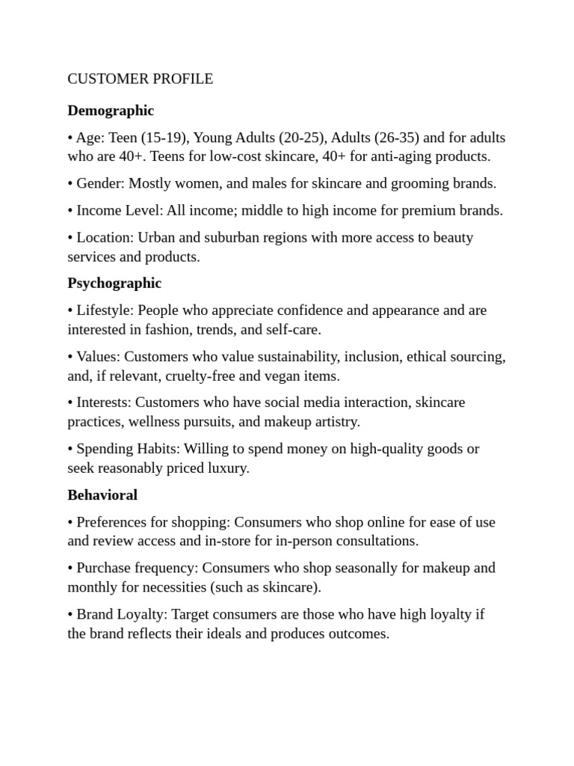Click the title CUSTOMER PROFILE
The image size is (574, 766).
coord(141,79)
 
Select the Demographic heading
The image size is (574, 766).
coord(111,111)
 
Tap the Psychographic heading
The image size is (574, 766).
coord(114,284)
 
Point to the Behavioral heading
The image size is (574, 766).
coord(102,495)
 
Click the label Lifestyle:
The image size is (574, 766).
coord(105,310)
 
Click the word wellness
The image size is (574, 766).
coord(156,422)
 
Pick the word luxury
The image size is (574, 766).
coord(227,468)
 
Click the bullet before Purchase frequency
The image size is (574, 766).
coord(70,568)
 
